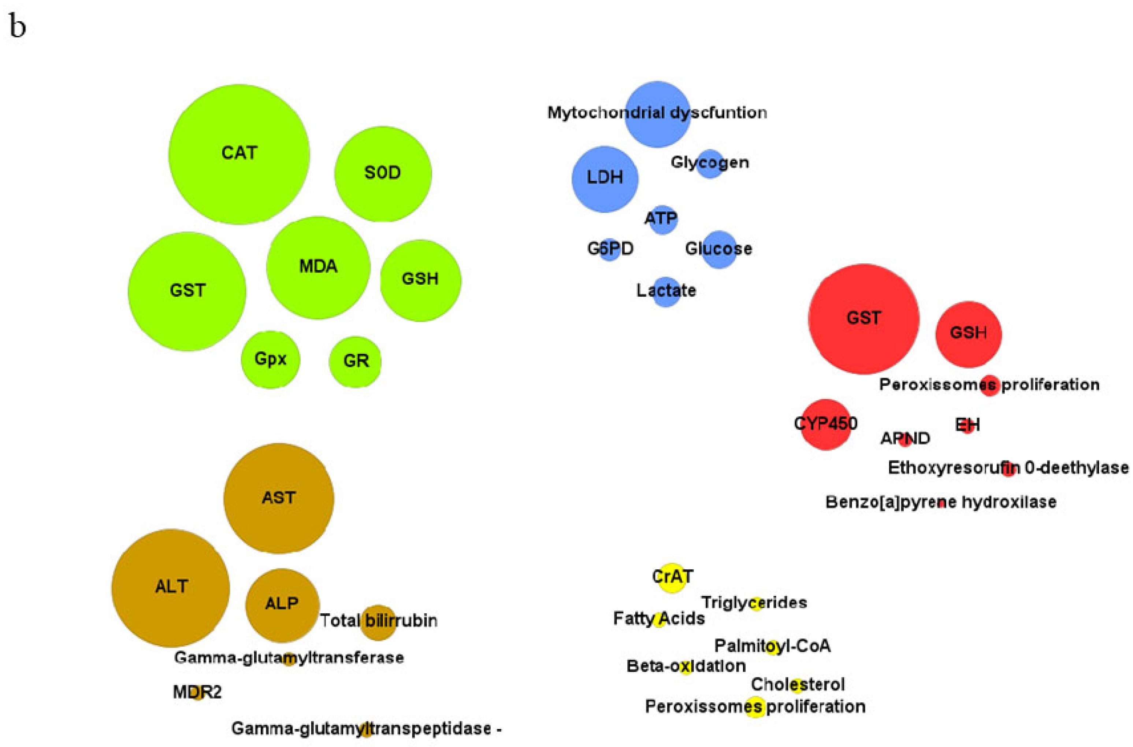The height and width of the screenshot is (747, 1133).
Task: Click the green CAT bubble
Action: (239, 154)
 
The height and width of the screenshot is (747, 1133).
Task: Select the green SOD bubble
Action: (383, 173)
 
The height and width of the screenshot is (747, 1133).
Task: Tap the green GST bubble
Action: (187, 291)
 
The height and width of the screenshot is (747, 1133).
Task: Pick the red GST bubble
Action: (863, 319)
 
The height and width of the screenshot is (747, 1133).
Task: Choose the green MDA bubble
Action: (318, 267)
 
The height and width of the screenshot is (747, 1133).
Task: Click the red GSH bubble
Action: (968, 334)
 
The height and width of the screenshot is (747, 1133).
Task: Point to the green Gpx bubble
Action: (270, 359)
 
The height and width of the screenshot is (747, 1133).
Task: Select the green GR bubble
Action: (355, 362)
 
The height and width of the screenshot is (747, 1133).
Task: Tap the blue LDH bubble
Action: (605, 179)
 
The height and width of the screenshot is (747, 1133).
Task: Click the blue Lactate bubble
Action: (666, 291)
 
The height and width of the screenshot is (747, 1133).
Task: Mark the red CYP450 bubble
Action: (825, 424)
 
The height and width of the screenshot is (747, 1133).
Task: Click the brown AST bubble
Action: (278, 498)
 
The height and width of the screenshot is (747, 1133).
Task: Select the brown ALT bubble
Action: (170, 587)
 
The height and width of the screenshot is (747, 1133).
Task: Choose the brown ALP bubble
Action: (282, 605)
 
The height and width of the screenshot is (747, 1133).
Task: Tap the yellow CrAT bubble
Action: (672, 577)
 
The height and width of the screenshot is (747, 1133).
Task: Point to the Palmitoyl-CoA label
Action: (772, 646)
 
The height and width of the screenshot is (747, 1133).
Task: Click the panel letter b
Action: (17, 27)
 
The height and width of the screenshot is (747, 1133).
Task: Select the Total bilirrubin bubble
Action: (379, 622)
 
